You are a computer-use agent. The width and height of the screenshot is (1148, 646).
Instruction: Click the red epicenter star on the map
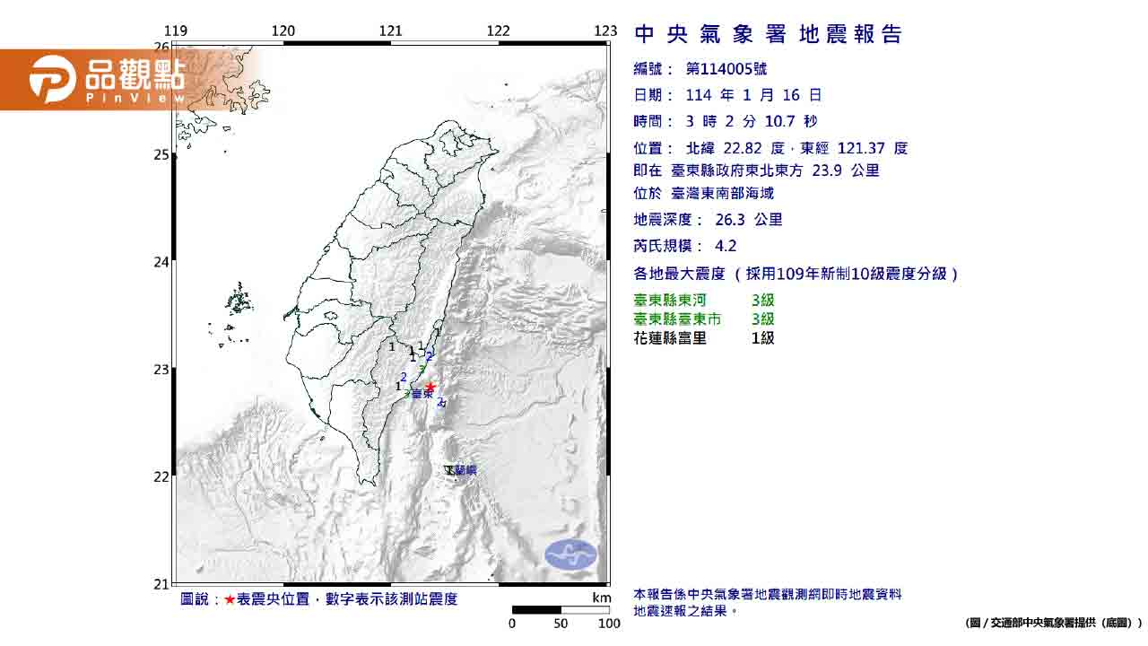pyautogui.click(x=430, y=387)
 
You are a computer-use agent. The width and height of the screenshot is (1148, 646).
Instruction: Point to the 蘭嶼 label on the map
pyautogui.click(x=465, y=470)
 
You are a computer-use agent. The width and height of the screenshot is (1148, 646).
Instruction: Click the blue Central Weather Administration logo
pyautogui.click(x=570, y=554)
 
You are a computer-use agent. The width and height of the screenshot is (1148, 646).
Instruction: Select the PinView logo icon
pyautogui.click(x=52, y=79)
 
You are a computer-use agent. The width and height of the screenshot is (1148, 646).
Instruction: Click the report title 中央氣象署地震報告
pyautogui.click(x=768, y=35)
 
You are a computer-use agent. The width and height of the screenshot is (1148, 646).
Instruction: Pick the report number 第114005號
pyautogui.click(x=726, y=69)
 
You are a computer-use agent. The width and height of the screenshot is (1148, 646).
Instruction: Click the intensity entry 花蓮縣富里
pyautogui.click(x=670, y=338)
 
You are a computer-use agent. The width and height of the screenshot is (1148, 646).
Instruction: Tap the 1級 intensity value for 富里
pyautogui.click(x=762, y=338)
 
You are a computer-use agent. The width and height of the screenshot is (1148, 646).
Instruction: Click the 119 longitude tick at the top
pyautogui.click(x=177, y=31)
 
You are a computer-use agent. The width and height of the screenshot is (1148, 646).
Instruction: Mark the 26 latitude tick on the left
pyautogui.click(x=161, y=47)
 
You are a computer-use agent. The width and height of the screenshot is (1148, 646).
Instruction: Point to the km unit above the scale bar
pyautogui.click(x=602, y=598)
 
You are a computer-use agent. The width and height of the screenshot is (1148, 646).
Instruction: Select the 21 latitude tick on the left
pyautogui.click(x=161, y=584)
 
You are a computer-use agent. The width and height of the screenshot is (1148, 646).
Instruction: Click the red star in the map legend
pyautogui.click(x=230, y=599)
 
